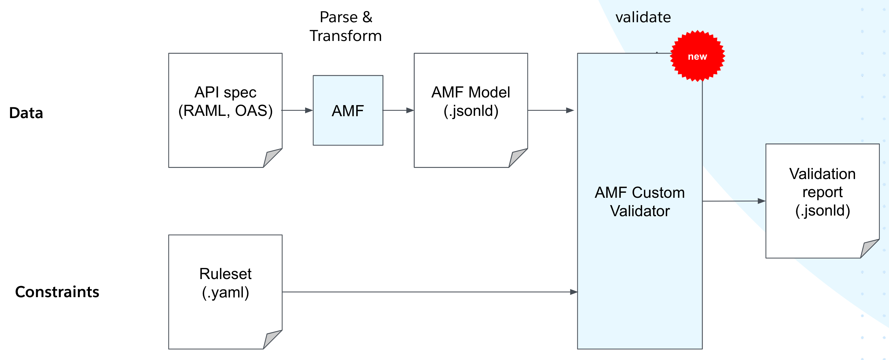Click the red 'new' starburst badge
pos(697,56)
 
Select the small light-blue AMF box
pos(348,110)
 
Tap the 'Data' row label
pos(26,113)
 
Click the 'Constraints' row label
pos(57,292)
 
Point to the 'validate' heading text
pos(643,17)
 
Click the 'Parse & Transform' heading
pos(346,27)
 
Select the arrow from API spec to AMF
pos(297,110)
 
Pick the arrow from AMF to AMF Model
pos(398,110)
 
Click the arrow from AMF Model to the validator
pos(551,110)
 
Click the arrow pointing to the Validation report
pos(734,201)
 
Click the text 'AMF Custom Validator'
pos(639,202)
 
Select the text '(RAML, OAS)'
pos(225,111)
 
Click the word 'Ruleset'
pos(225,274)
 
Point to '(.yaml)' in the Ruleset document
pos(225,292)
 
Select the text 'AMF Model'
pos(471,92)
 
